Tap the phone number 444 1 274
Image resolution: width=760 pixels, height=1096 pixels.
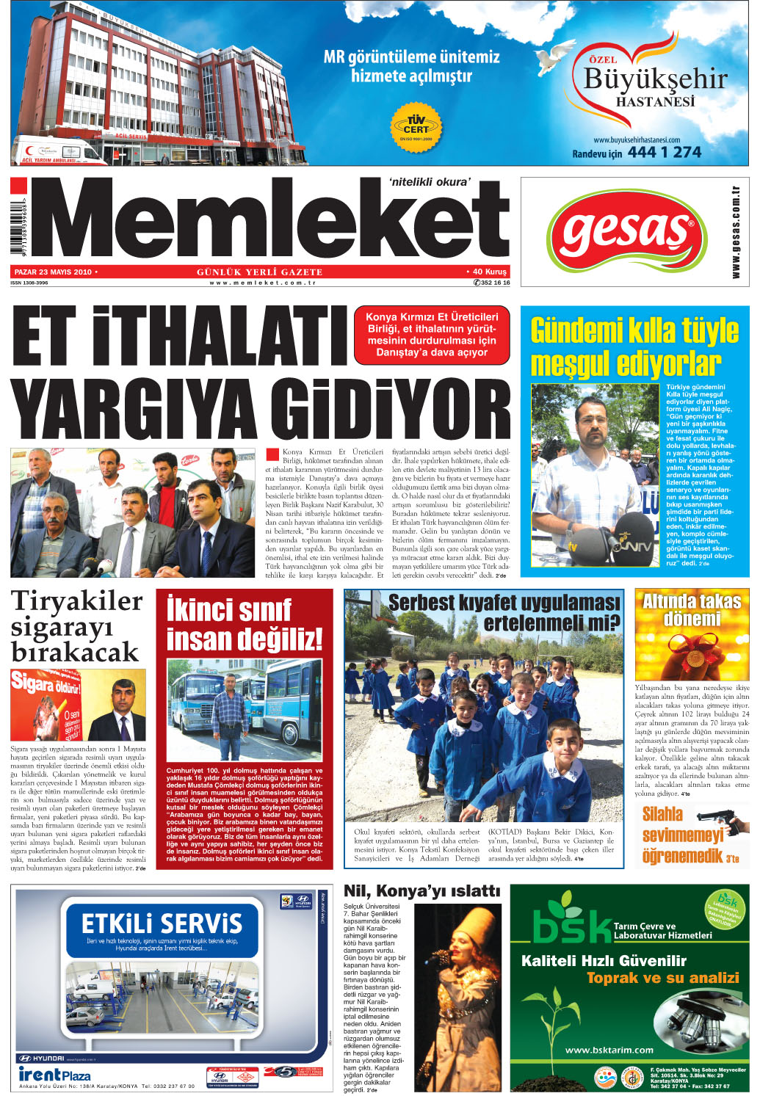[x=664, y=152]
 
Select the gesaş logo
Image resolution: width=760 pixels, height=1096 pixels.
[x=627, y=233]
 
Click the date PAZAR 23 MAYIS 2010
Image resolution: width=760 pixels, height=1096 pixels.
[x=54, y=272]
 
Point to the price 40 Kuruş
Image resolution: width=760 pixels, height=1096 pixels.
[x=489, y=272]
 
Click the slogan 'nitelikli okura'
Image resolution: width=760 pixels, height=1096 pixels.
[x=430, y=182]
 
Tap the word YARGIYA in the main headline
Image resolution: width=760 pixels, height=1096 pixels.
[x=132, y=409]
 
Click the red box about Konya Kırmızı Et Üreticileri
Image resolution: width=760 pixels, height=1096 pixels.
[x=431, y=335]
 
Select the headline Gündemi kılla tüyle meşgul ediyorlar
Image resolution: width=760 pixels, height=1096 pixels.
[x=634, y=346]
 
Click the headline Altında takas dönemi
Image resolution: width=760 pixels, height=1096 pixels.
[x=692, y=610]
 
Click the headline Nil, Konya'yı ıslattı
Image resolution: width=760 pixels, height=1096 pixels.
[x=421, y=891]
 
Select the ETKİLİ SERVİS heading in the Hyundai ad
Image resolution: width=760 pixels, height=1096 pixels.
[x=162, y=923]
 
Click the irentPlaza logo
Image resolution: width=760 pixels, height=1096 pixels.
[x=55, y=1075]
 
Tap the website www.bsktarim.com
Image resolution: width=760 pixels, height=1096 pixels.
[x=609, y=1050]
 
